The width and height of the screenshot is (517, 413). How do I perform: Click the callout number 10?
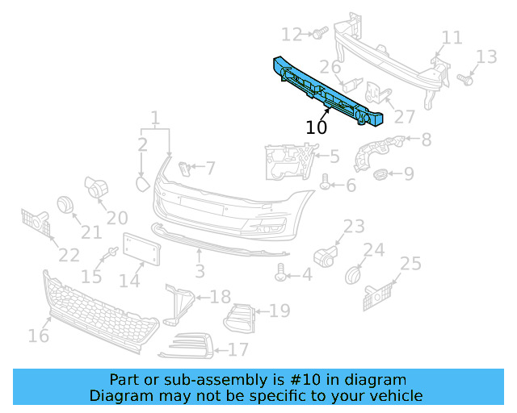point(316,127)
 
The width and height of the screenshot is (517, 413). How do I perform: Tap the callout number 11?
point(452,37)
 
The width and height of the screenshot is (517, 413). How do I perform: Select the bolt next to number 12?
point(317,33)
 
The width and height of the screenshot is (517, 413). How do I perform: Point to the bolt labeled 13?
point(464,79)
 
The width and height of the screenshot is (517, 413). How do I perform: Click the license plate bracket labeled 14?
point(141,250)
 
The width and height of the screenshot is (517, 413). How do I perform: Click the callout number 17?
point(237,350)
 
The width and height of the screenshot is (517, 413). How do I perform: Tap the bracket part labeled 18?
point(180,303)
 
